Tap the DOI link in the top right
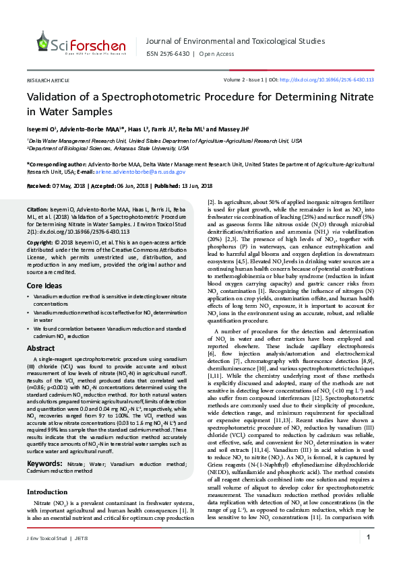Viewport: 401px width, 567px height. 336,79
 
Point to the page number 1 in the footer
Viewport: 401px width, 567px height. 369,556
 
